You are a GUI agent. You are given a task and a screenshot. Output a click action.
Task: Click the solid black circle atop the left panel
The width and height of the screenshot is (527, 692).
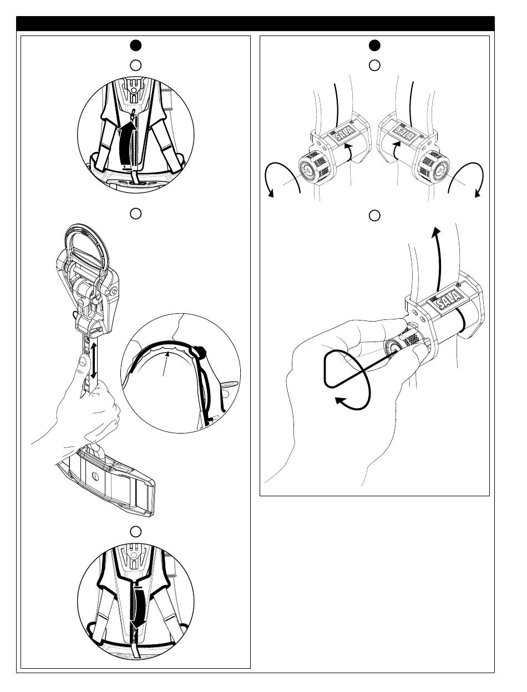[135, 45]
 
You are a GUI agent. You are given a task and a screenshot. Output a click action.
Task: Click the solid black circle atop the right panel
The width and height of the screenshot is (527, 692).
[374, 45]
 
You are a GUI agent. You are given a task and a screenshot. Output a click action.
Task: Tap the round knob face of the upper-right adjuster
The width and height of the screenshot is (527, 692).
[439, 171]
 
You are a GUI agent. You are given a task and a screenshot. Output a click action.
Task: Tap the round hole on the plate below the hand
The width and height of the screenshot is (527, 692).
[94, 478]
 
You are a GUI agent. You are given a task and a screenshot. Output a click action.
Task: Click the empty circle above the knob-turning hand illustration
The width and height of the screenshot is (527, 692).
[374, 215]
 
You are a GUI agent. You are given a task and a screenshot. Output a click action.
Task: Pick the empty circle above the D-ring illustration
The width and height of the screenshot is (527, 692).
[135, 213]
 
